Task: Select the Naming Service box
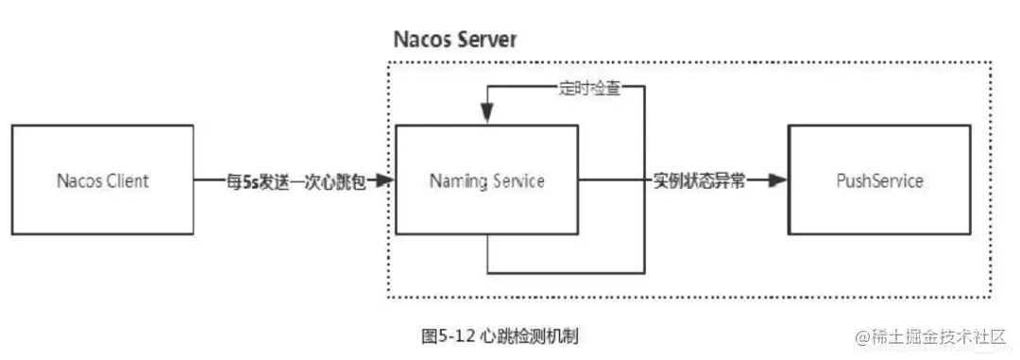coord(486,180)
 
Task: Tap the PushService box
coord(878,180)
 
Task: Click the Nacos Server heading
coord(455,41)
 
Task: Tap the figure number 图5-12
coord(447,334)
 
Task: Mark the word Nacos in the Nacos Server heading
coord(419,41)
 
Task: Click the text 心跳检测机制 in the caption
coord(536,334)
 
